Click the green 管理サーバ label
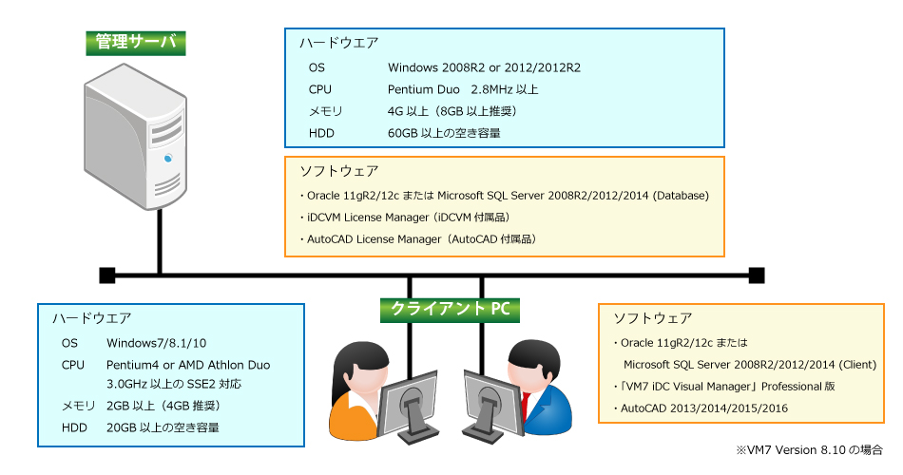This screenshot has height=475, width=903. click(x=136, y=43)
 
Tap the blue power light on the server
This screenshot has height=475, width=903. click(x=168, y=158)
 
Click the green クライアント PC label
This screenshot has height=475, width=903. click(x=450, y=310)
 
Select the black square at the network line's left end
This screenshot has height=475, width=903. click(x=107, y=275)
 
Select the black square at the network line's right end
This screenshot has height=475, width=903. click(x=757, y=275)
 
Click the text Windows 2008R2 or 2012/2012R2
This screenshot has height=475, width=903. click(x=484, y=68)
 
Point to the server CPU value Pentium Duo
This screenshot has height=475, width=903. click(x=423, y=90)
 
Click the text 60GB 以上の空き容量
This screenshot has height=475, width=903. click(x=444, y=134)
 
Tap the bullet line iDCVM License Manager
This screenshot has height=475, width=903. click(x=405, y=218)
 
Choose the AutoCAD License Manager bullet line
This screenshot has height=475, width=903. click(x=418, y=239)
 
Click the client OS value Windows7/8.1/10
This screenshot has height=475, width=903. click(x=156, y=343)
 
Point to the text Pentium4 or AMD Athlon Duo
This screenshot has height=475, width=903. click(x=188, y=365)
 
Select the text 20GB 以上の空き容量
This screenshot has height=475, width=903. click(x=163, y=427)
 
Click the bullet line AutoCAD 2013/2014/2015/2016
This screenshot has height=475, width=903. click(x=701, y=408)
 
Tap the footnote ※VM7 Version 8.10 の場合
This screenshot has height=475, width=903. click(x=809, y=450)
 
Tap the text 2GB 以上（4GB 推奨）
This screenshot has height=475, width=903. click(x=163, y=406)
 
